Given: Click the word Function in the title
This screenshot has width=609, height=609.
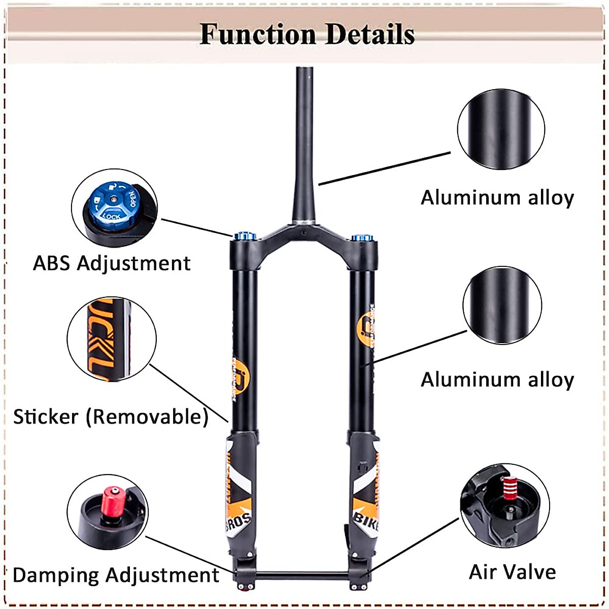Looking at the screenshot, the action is (257, 35).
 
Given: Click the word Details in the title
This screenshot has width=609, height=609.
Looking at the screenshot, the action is (370, 35).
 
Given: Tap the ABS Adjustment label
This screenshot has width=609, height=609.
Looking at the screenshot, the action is (112, 263).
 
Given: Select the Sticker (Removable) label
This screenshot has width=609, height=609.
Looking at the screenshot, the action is (111, 417).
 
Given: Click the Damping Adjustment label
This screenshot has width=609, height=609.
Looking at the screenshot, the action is (116, 575).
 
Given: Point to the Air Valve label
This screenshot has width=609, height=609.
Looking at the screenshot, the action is (512, 572).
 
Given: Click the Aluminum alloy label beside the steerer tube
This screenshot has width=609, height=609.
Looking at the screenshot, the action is (497, 197).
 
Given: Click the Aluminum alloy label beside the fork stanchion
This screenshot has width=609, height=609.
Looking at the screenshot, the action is (497, 380).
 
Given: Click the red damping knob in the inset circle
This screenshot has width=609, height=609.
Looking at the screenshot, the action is (112, 500).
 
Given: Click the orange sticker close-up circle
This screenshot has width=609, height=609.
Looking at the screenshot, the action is (111, 339).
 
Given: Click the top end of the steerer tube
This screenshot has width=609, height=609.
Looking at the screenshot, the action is (304, 70).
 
